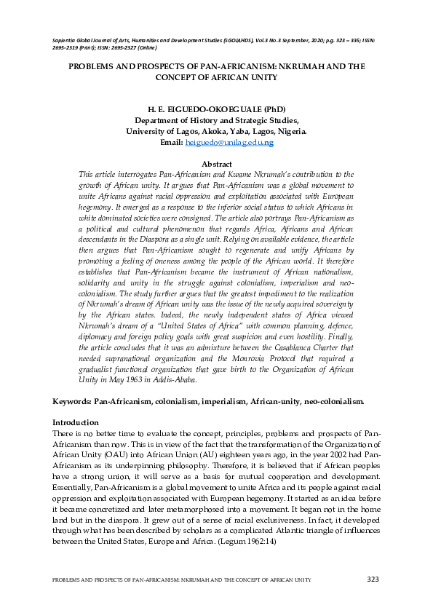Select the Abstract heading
pyautogui.click(x=216, y=165)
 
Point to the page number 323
pyautogui.click(x=372, y=579)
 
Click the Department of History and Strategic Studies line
pyautogui.click(x=216, y=121)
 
